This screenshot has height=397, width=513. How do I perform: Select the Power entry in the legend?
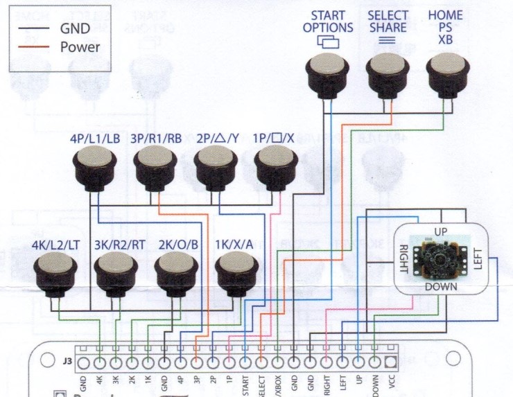pyautogui.click(x=80, y=47)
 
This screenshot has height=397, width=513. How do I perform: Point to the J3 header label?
pyautogui.click(x=67, y=360)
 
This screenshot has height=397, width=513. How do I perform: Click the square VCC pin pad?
pyautogui.click(x=391, y=362)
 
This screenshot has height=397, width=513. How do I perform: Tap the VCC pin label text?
pyautogui.click(x=391, y=383)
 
